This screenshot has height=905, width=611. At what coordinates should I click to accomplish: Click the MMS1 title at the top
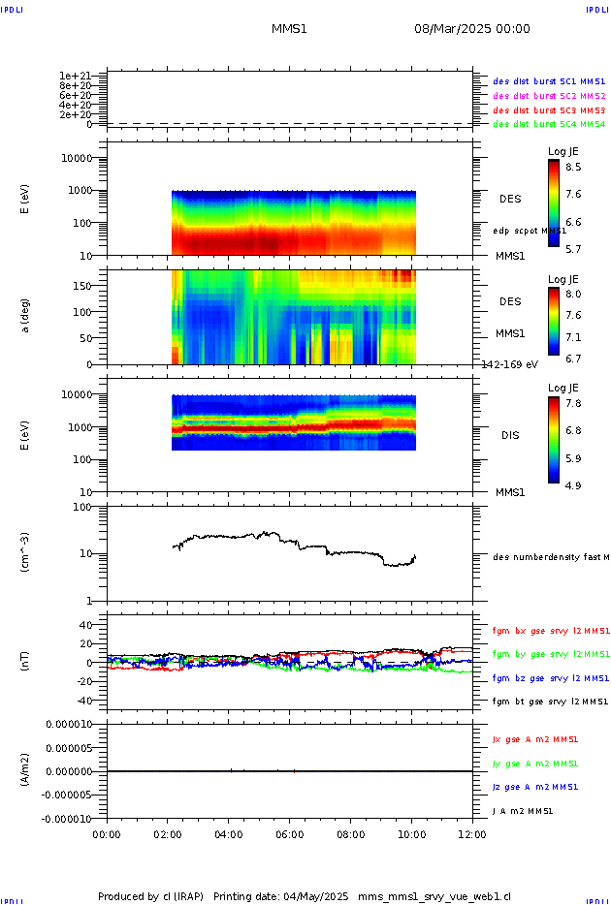pyautogui.click(x=289, y=29)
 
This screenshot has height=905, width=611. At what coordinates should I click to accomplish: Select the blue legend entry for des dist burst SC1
pyautogui.click(x=549, y=82)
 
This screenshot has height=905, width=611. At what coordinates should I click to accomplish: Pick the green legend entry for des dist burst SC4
pyautogui.click(x=549, y=124)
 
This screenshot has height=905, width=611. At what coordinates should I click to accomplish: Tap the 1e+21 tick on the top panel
pyautogui.click(x=75, y=76)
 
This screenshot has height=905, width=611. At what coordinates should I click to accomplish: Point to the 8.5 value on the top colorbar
pyautogui.click(x=574, y=167)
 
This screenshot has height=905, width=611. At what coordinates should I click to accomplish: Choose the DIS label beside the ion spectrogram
pyautogui.click(x=509, y=435)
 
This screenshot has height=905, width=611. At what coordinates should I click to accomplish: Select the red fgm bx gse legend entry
pyautogui.click(x=549, y=630)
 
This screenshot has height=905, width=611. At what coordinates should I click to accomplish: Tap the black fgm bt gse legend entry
pyautogui.click(x=549, y=702)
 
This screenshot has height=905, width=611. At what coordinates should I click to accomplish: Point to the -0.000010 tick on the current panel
pyautogui.click(x=66, y=819)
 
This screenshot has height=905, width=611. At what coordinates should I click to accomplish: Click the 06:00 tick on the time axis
pyautogui.click(x=289, y=832)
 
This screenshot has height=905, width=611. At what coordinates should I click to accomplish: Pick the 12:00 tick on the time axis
pyautogui.click(x=472, y=832)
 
